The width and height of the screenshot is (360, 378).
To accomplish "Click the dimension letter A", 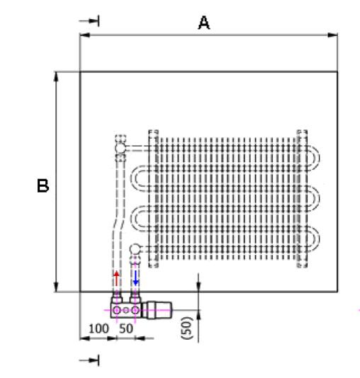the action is [204, 23].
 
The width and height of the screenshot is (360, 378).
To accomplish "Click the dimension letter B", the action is [43, 185].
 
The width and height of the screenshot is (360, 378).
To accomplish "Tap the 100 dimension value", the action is [99, 328].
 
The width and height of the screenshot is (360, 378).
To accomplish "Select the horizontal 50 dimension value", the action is [126, 328].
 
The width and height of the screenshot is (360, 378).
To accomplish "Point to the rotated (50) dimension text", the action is [188, 328].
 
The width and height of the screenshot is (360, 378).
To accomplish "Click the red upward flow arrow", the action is [116, 278].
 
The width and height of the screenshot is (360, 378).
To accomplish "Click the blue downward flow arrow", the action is [136, 278].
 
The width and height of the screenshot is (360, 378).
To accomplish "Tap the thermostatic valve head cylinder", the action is [157, 310].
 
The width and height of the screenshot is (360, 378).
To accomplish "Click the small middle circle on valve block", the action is [126, 310].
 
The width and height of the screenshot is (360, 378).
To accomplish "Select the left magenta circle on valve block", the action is [116, 310].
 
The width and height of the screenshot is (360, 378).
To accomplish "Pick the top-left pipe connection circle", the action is [120, 148].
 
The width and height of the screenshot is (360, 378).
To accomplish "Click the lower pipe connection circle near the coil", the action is [135, 248].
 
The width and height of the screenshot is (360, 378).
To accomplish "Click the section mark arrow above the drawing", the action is [89, 21].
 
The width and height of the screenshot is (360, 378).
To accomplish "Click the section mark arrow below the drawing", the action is [89, 360].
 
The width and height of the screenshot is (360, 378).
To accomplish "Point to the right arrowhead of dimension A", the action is [332, 35].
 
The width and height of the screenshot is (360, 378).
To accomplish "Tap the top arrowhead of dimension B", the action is [56, 77].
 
